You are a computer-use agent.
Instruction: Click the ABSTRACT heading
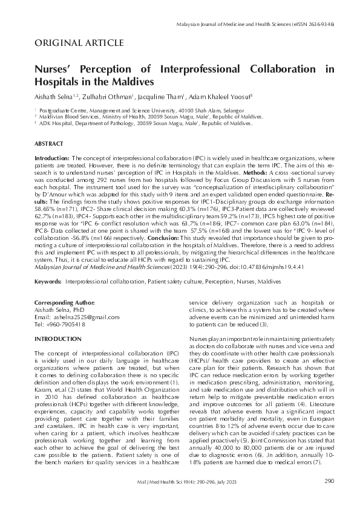(49, 144)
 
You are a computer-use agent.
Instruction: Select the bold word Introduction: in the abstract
(51, 157)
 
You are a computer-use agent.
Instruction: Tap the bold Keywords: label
(48, 265)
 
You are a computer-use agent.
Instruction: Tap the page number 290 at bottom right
(329, 481)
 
